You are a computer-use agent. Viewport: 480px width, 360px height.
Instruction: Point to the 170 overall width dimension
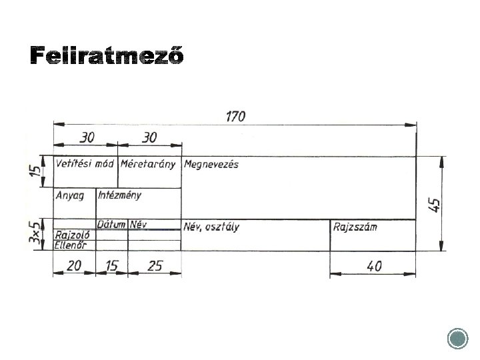[x=235, y=116]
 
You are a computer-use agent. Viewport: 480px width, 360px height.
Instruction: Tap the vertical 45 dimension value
[x=435, y=204]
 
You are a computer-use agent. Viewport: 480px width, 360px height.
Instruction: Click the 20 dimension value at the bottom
[x=74, y=265]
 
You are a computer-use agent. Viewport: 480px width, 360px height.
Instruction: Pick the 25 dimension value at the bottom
[x=155, y=265]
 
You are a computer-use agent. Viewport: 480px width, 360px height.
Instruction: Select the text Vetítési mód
[x=85, y=163]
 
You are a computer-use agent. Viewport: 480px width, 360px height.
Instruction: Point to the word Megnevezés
[x=211, y=164]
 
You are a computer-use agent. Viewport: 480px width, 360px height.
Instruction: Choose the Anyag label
[x=71, y=195]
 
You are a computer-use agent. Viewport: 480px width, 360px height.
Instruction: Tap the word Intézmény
[x=120, y=195]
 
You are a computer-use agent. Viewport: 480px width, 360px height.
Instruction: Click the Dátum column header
[x=112, y=224]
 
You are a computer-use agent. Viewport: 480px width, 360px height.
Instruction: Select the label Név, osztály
[x=211, y=227]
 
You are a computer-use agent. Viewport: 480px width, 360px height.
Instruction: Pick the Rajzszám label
[x=355, y=227]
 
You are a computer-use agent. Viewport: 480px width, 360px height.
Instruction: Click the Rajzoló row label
[x=73, y=235]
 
